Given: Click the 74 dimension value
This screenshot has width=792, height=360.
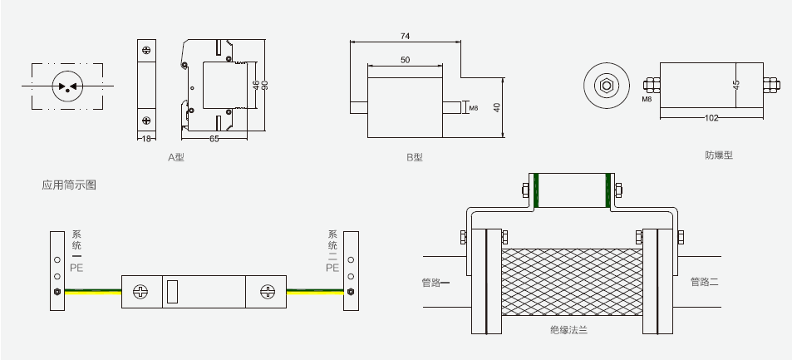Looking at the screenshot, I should tap(405, 36).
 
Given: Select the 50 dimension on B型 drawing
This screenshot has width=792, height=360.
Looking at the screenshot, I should tap(405, 60).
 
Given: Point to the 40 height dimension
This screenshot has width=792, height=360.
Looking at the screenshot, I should tap(497, 109).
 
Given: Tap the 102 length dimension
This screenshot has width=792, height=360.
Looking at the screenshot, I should tap(711, 118).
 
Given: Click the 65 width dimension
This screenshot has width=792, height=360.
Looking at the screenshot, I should tap(214, 138).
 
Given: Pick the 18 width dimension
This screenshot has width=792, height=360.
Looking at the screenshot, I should tap(147, 138).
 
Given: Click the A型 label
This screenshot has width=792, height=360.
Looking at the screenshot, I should tap(175, 156).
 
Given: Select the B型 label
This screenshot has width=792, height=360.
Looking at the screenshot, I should tap(414, 157).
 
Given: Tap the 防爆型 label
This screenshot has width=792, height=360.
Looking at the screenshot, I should tap(719, 155).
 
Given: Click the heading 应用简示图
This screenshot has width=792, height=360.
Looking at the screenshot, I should tap(69, 185).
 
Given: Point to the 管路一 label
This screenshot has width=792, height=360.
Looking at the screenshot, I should tap(435, 283).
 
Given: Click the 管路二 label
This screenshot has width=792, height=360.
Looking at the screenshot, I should tap(704, 283).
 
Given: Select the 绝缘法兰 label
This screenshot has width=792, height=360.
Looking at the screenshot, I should tap(568, 331).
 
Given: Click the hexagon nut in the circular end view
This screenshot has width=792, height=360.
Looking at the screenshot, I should tap(607, 85).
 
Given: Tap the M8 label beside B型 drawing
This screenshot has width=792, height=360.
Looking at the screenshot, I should tap(473, 107).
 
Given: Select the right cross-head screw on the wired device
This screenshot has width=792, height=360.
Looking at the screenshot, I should tap(268, 292).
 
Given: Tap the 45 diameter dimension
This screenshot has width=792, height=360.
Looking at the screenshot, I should tap(735, 86).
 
